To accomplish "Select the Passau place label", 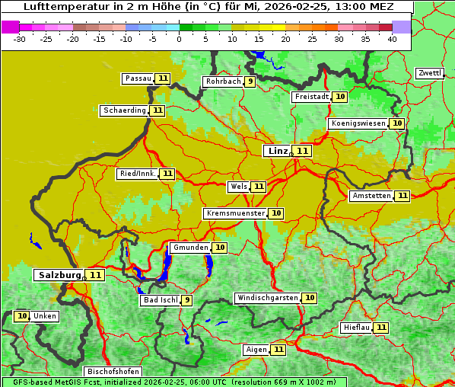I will (138, 78).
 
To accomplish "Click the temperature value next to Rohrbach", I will (250, 82).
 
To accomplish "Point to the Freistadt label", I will (311, 97).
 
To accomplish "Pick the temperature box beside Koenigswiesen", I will (396, 123).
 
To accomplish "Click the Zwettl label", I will (429, 73).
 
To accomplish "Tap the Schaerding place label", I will (125, 110).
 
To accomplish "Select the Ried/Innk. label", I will (138, 174).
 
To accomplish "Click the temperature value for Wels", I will (259, 187).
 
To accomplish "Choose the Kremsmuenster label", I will (235, 213).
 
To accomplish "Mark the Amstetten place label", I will (371, 196).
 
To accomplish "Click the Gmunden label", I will (190, 248).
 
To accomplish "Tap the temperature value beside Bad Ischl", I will (186, 300).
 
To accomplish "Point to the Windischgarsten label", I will (267, 298).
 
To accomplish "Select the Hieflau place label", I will (357, 328).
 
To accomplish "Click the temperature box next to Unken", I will (22, 316).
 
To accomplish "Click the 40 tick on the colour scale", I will (392, 39).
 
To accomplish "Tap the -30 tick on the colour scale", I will (20, 39).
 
